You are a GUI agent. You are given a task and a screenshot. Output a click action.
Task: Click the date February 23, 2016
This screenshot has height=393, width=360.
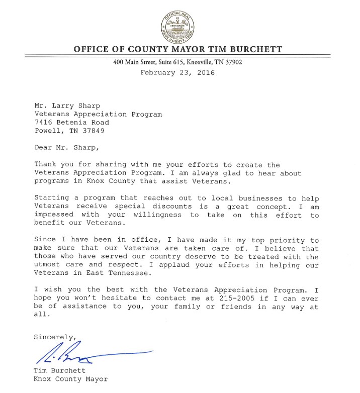coord(177,72)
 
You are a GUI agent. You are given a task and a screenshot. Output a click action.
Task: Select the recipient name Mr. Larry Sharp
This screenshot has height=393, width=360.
coord(61,106)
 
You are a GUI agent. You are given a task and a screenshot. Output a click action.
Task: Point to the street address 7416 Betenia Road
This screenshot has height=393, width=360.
coord(71,122)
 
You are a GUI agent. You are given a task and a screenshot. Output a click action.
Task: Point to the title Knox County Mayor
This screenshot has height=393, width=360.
coord(71,380)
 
